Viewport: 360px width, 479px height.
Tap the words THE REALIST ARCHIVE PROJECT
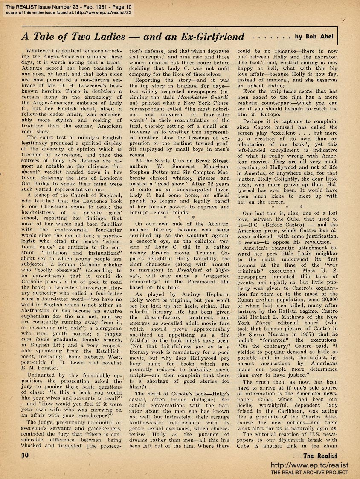(312, 472)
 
